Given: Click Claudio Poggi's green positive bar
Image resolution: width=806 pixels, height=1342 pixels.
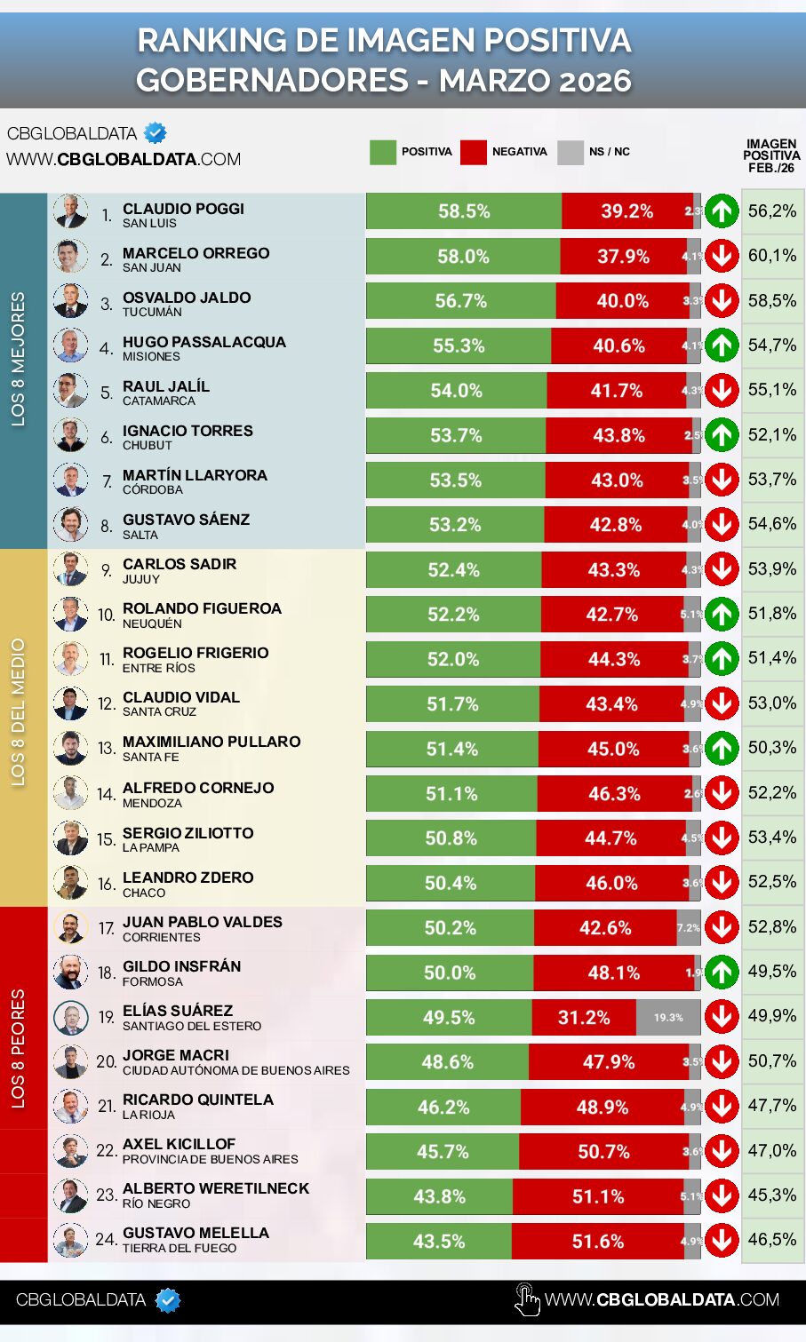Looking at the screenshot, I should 463,211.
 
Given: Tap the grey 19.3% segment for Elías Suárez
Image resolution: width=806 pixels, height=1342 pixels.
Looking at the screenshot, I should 668,1018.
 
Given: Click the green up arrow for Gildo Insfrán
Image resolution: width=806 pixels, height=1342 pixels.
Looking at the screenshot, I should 722,973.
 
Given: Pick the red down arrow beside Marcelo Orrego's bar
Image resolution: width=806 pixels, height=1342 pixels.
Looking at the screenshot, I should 722,256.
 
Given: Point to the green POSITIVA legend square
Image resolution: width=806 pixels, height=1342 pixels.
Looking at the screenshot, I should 382,152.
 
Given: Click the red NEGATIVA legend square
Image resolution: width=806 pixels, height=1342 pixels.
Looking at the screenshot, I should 474,152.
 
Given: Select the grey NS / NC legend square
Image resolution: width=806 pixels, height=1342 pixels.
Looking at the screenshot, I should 571,152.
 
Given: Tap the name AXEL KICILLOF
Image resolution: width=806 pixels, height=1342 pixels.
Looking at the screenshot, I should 179,1144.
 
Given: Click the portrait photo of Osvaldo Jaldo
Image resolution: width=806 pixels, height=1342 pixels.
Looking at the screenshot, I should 70,301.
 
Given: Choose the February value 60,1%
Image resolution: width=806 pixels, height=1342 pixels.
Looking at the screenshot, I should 772,256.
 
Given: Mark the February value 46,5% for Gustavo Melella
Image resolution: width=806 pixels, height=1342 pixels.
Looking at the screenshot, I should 772,1240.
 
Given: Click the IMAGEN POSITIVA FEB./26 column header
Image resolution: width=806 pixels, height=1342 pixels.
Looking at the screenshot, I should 771,155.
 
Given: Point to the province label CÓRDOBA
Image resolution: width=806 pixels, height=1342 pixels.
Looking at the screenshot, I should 152,490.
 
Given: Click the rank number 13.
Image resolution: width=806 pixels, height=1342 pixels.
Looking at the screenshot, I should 107,749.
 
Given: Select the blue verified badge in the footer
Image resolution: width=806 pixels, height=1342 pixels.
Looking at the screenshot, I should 168,1300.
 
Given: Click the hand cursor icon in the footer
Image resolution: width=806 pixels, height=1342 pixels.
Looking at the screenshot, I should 527,1300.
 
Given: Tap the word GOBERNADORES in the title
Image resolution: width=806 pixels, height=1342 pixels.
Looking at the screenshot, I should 272,81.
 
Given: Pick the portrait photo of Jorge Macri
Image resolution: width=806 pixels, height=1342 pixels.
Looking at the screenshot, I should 70,1062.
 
